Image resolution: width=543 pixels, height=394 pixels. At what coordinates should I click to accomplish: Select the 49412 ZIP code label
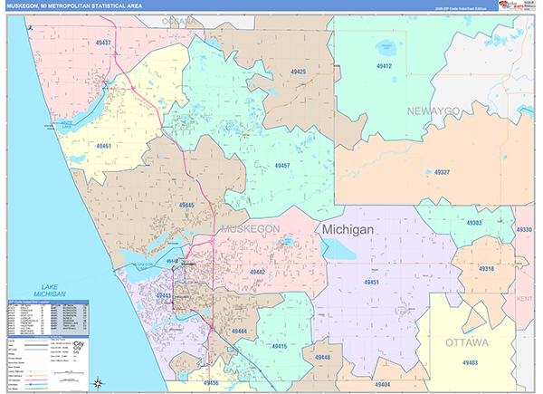(385, 66)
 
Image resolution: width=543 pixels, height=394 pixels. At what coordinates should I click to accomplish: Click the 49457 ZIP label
(281, 166)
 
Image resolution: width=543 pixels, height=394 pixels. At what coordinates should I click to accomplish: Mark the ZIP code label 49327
(442, 171)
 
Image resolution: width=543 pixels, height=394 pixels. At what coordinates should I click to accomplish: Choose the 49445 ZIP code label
(186, 206)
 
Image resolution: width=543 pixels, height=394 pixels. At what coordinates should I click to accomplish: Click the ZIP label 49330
(524, 230)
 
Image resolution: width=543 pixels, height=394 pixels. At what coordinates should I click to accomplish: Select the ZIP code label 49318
(486, 269)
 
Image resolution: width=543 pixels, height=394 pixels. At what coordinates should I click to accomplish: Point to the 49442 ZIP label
(257, 272)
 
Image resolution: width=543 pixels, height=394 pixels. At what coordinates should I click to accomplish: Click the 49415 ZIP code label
(278, 347)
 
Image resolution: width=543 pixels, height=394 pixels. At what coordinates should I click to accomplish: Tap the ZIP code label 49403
(470, 362)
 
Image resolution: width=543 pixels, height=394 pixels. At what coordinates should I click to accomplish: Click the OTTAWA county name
(467, 343)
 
